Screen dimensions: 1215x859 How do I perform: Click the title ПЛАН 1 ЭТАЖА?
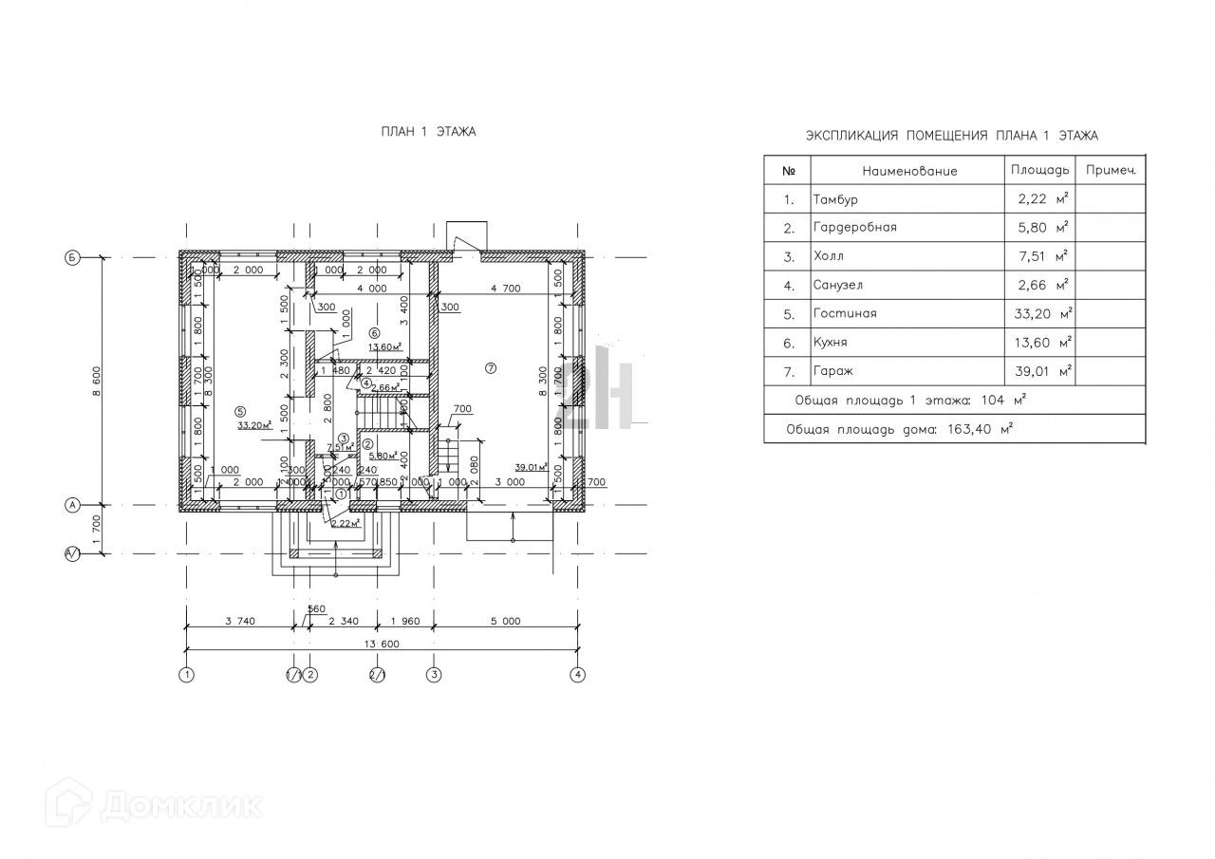428,132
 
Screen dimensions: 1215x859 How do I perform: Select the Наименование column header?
909,171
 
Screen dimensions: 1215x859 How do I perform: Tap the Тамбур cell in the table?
835,200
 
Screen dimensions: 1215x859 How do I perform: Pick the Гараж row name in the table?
831,372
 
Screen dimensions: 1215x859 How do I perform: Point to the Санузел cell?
838,285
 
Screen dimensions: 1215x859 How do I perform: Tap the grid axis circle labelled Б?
72,257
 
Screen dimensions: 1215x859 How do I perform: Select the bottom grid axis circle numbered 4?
577,676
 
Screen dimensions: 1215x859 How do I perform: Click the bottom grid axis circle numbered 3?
434,676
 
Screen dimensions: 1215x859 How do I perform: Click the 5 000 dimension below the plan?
505,622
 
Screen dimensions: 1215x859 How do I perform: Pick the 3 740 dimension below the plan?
239,622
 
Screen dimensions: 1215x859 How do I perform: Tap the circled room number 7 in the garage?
491,367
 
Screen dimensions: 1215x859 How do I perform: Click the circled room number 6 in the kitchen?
374,334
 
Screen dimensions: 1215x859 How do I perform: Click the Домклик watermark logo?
157,805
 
